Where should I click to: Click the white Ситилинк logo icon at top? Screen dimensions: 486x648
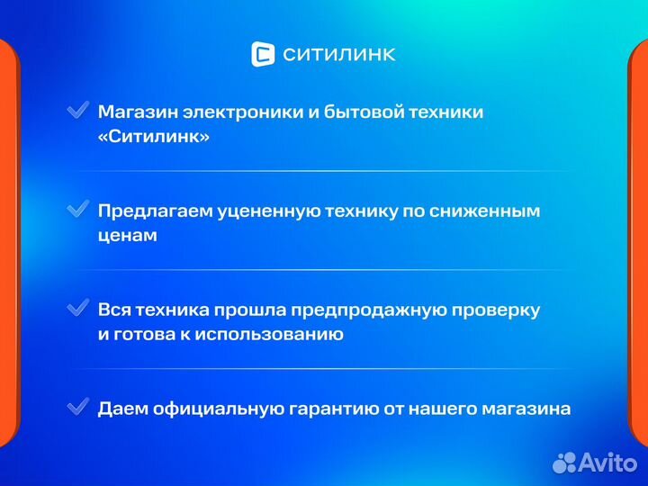pos(263,54)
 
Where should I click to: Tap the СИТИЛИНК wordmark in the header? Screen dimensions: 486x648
pos(338,55)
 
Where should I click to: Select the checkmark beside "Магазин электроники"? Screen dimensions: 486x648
pos(78,111)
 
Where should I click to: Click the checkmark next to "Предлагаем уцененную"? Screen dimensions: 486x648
pos(78,209)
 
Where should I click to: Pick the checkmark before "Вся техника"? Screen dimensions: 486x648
pos(78,308)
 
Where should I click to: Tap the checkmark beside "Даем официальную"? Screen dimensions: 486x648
pos(78,407)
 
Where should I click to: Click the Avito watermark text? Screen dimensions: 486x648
pos(608,462)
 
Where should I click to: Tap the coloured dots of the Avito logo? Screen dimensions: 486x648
pos(564,462)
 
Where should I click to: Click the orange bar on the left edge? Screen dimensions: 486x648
pos(7,243)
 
